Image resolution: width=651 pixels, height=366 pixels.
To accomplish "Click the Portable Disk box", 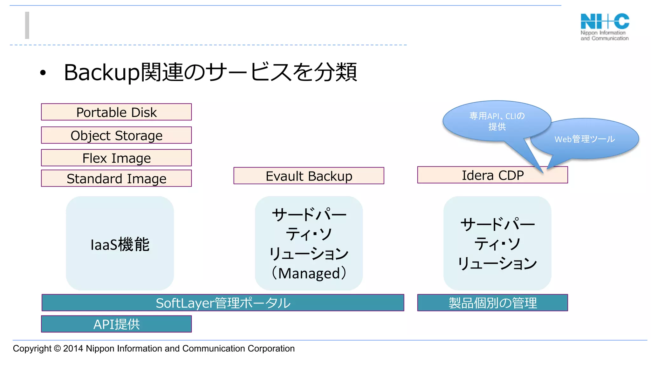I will [x=116, y=112].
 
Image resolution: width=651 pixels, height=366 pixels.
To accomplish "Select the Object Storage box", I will [x=116, y=135].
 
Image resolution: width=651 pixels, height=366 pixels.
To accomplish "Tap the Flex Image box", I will [x=116, y=158].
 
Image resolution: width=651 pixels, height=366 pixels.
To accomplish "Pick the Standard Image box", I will [x=116, y=179].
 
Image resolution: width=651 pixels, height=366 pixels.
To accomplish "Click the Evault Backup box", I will [x=309, y=176].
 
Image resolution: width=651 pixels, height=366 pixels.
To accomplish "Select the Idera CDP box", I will [x=492, y=175].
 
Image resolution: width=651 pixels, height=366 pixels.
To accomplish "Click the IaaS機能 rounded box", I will [x=120, y=244].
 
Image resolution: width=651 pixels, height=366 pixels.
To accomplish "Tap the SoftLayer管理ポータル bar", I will [x=223, y=303].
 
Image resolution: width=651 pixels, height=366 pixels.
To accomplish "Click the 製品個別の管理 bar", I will [x=492, y=303].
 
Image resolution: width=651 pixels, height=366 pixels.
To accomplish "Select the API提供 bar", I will [x=116, y=324].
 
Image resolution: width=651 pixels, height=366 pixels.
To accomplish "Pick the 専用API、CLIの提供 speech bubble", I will [x=497, y=121].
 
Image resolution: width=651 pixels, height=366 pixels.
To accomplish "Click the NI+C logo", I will [x=605, y=27].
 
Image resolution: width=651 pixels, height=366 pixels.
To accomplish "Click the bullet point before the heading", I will [x=43, y=73].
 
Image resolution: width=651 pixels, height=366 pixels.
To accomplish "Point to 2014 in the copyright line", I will [x=73, y=349].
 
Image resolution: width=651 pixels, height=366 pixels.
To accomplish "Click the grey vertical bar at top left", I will [x=27, y=25].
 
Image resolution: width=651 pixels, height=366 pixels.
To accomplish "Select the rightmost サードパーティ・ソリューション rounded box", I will [x=497, y=244].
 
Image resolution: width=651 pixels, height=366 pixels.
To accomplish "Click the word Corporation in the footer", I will [x=271, y=349].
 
